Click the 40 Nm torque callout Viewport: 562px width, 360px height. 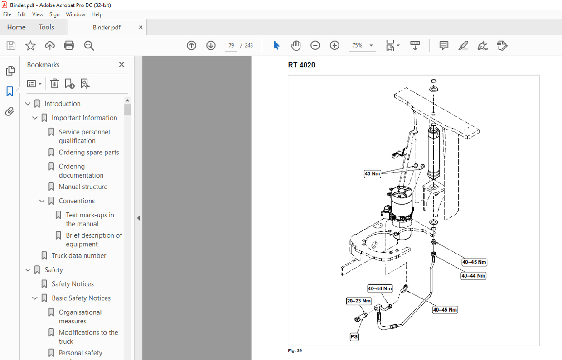tap(372, 173)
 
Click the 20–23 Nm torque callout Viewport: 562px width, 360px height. tap(359, 301)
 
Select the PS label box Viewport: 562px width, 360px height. tap(354, 337)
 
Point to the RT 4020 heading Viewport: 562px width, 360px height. tap(301, 65)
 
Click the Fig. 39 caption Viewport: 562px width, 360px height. tap(295, 350)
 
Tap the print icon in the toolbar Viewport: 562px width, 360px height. tap(69, 45)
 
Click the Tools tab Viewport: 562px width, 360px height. tap(46, 27)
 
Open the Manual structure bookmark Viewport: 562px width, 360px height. tap(83, 187)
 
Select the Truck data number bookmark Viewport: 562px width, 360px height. tap(79, 255)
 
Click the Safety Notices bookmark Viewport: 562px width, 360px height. tap(73, 284)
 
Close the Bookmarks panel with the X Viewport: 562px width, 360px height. tap(121, 65)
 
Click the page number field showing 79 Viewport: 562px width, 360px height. tap(231, 45)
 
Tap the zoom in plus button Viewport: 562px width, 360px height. tap(334, 45)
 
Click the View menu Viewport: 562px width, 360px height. tap(38, 14)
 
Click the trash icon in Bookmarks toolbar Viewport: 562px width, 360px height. tap(54, 83)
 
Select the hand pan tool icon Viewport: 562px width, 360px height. tap(296, 45)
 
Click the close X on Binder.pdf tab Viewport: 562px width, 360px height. tap(140, 27)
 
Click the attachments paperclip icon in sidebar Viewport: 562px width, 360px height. tap(10, 111)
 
